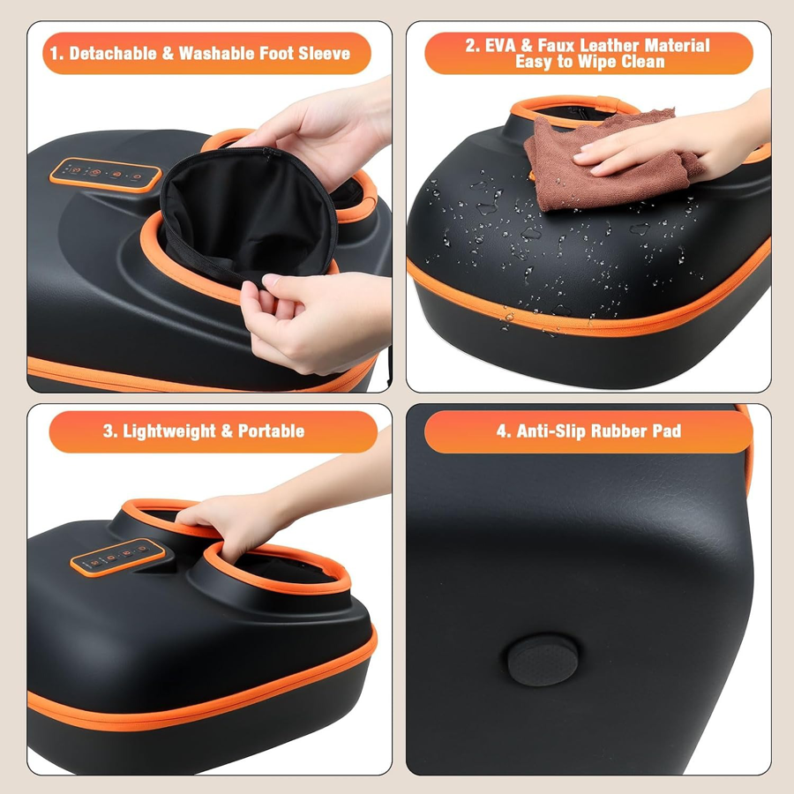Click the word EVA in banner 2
click(x=500, y=46)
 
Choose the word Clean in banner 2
click(x=642, y=62)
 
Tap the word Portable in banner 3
click(x=272, y=431)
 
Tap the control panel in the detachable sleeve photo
click(x=105, y=175)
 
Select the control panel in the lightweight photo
click(x=118, y=557)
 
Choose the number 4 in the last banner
click(x=501, y=431)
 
